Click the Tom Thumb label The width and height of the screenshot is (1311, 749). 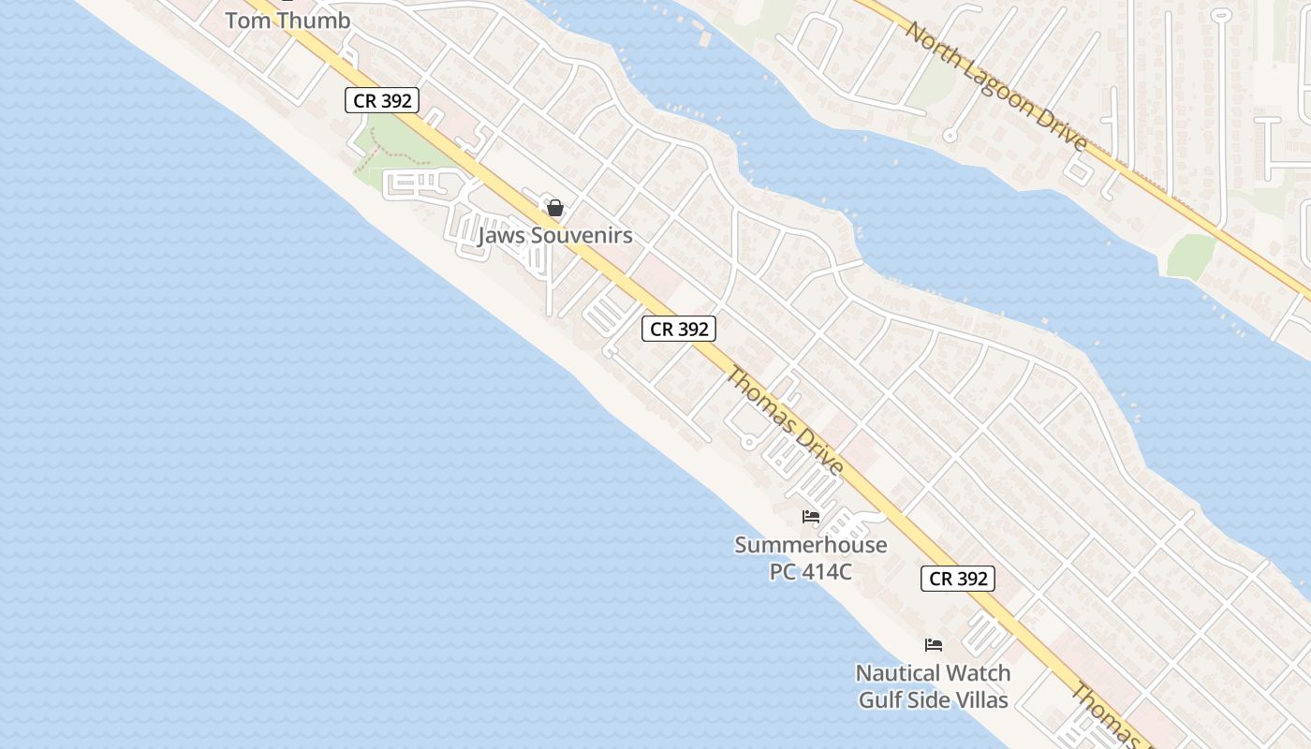coord(288,20)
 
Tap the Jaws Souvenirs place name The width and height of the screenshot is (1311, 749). coord(554,236)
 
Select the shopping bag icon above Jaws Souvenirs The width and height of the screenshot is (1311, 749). coord(555,208)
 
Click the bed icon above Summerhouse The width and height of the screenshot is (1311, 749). coord(811,517)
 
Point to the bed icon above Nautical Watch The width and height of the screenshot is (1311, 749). coord(933,644)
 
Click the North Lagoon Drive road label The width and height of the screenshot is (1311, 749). coord(996,86)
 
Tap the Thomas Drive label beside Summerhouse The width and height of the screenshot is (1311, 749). coord(785,421)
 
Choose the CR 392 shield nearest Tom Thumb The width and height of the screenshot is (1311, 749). coord(381,100)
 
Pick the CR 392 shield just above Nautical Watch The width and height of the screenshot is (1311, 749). coord(958,579)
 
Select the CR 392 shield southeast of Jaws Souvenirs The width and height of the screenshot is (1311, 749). coord(679,329)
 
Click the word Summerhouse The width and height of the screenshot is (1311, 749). coord(810,545)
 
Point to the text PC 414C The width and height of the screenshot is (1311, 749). coord(810,571)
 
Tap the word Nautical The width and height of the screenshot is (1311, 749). coord(898,673)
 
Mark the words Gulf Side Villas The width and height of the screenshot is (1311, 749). coord(933,699)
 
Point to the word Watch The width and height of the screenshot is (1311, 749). coord(978,673)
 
